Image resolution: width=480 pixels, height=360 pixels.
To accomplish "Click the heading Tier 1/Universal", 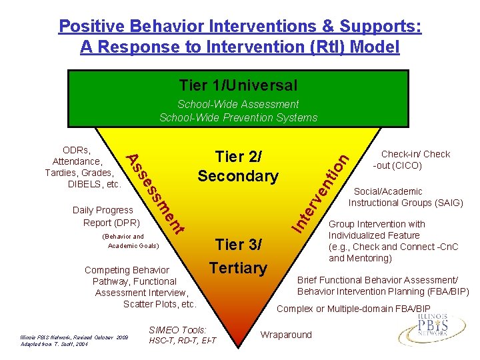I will click(238, 85).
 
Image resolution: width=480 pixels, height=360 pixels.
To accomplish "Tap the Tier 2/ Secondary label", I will click(238, 166).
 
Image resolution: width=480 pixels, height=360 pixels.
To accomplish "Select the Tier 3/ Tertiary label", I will click(238, 256).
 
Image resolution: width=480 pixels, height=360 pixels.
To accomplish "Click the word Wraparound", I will click(286, 334).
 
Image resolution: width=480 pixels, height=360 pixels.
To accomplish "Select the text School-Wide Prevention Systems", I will click(238, 117).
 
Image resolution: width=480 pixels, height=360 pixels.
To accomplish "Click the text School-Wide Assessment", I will click(238, 104).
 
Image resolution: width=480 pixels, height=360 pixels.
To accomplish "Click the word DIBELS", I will click(87, 184).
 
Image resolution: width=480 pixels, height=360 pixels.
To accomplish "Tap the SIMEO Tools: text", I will click(178, 329).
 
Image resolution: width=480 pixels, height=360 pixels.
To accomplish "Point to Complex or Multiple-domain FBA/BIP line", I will click(353, 309).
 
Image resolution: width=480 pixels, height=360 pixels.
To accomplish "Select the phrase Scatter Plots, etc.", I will click(160, 304).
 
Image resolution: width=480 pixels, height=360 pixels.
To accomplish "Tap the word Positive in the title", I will click(91, 26).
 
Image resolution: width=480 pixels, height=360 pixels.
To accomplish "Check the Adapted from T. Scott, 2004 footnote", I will click(54, 345).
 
